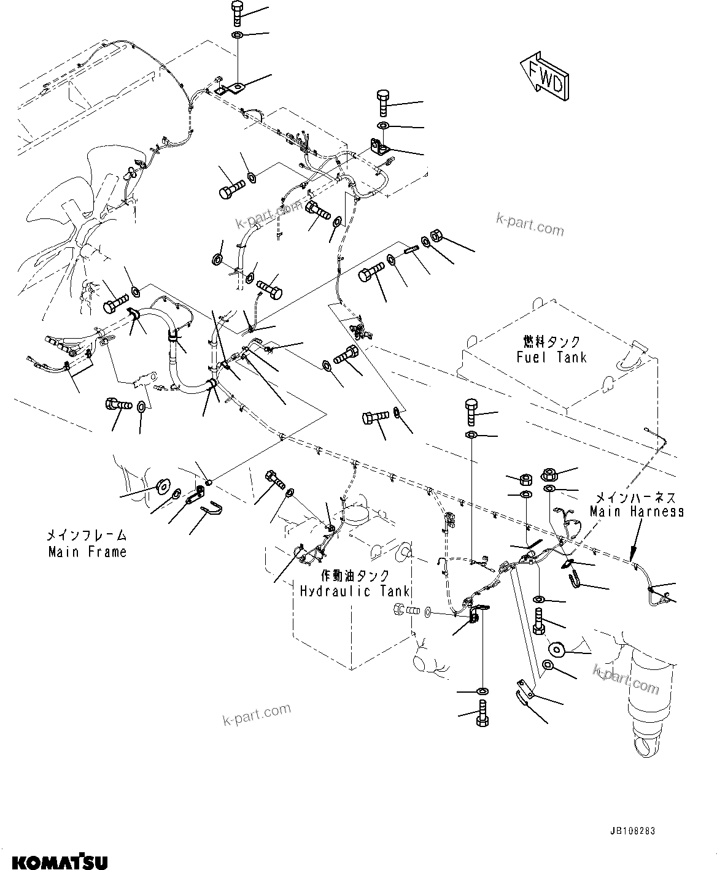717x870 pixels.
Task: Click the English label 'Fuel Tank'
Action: click(x=551, y=357)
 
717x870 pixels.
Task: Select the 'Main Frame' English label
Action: click(x=88, y=552)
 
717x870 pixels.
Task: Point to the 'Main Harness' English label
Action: click(x=637, y=511)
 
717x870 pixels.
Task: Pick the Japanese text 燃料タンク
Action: click(x=552, y=342)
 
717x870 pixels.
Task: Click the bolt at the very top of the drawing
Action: click(x=237, y=13)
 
